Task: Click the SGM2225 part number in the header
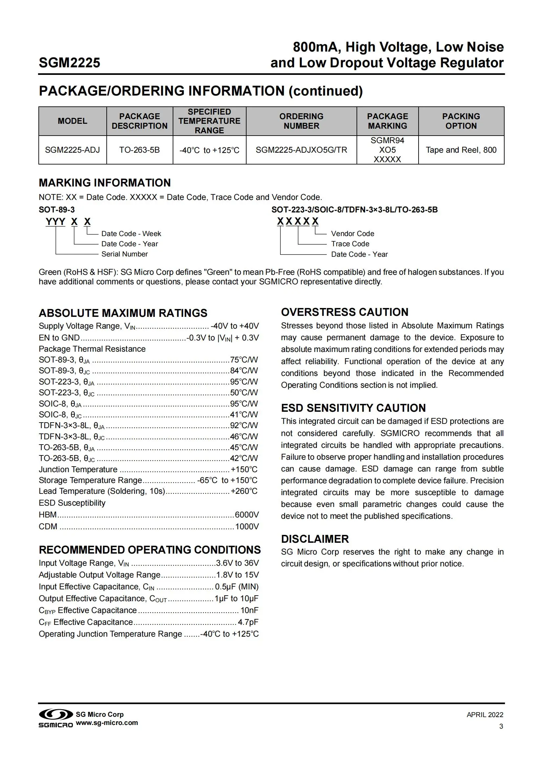pyautogui.click(x=70, y=63)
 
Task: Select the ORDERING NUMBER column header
pyautogui.click(x=301, y=121)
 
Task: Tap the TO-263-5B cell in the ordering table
pyautogui.click(x=140, y=150)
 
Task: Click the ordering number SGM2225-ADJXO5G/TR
pyautogui.click(x=301, y=150)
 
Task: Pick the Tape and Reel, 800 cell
pyautogui.click(x=461, y=150)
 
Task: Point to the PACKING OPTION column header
pyautogui.click(x=461, y=121)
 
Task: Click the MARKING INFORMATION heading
pyautogui.click(x=105, y=183)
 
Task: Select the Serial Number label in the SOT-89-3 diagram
pyautogui.click(x=124, y=254)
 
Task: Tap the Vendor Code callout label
pyautogui.click(x=352, y=234)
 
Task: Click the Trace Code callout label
pyautogui.click(x=350, y=244)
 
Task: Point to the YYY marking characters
pyautogui.click(x=55, y=222)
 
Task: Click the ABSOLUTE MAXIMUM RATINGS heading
pyautogui.click(x=123, y=313)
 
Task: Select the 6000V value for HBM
pyautogui.click(x=247, y=515)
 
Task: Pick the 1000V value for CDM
pyautogui.click(x=247, y=526)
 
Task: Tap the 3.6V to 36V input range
pyautogui.click(x=237, y=563)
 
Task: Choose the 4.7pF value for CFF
pyautogui.click(x=248, y=622)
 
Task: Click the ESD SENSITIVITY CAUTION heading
pyautogui.click(x=354, y=408)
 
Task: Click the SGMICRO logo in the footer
pyautogui.click(x=56, y=718)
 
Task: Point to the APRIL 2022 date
pyautogui.click(x=485, y=715)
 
